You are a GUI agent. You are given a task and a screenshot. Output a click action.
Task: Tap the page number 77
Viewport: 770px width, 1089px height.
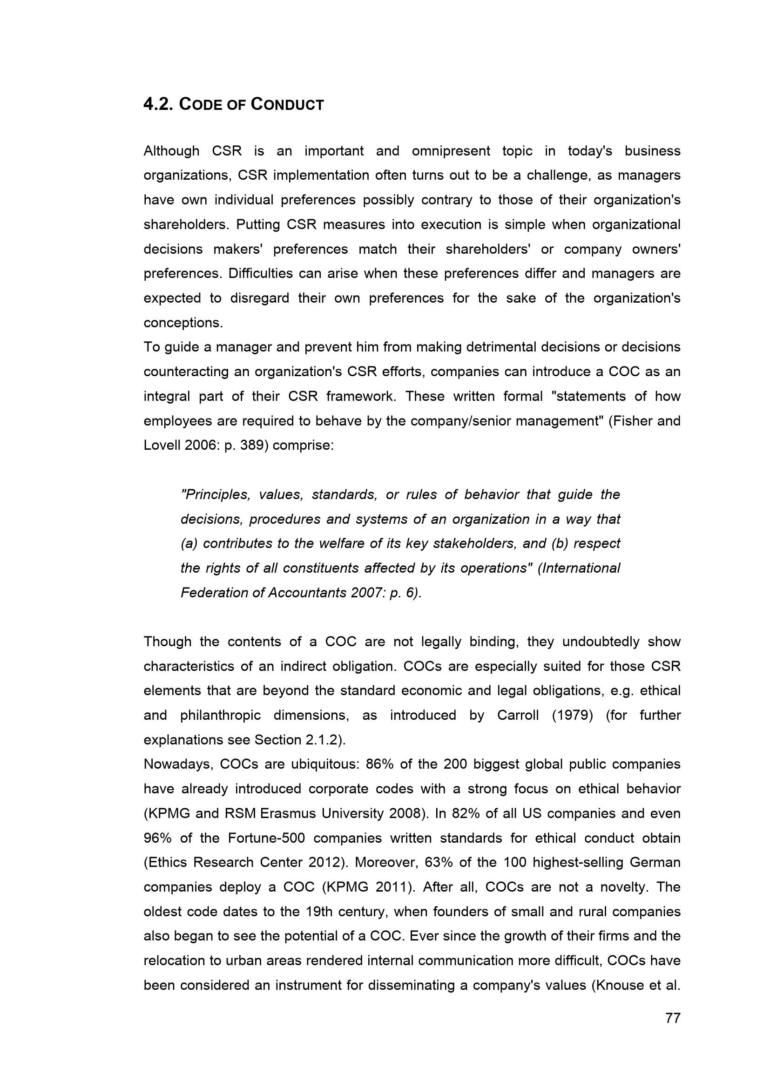[x=673, y=1018]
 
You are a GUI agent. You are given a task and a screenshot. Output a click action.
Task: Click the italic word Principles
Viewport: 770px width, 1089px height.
[x=216, y=495]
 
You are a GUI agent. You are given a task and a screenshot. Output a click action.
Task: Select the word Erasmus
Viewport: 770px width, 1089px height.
[x=288, y=813]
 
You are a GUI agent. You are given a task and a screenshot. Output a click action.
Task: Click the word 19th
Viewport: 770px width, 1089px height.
[x=319, y=912]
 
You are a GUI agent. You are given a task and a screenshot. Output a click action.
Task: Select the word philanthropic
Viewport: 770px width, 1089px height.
[x=220, y=715]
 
